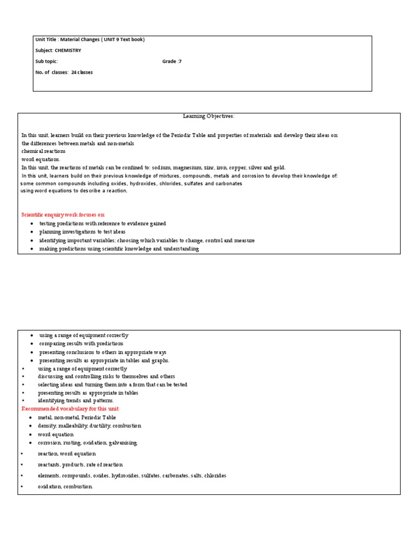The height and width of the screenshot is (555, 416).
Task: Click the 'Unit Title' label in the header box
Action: click(x=47, y=40)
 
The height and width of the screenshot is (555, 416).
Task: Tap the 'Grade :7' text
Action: click(x=172, y=61)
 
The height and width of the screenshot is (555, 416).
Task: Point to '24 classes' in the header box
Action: click(x=82, y=72)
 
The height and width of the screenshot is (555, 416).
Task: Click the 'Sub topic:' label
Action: click(x=47, y=61)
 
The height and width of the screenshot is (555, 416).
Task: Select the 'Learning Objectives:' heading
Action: click(x=209, y=116)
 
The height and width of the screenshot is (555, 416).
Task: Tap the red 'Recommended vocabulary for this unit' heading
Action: click(x=70, y=409)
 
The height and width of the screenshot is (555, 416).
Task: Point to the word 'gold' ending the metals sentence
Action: click(x=278, y=168)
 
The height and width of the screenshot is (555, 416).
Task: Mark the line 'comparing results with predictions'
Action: click(x=81, y=344)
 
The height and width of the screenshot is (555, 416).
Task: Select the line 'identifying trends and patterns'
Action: click(x=76, y=401)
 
